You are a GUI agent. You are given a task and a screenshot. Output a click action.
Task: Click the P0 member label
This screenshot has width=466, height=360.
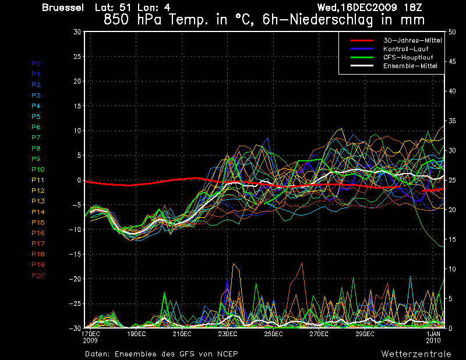point(36,63)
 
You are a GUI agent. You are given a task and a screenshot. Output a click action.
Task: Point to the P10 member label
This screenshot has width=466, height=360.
point(38,170)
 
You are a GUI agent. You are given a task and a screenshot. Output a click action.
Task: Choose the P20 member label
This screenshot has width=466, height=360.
point(38,276)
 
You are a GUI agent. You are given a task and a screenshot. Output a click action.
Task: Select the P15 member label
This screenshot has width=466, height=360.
point(38,223)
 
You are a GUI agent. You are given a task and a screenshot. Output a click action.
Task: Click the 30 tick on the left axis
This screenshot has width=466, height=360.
point(77,32)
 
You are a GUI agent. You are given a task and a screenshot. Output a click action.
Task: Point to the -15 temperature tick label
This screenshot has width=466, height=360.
point(75,254)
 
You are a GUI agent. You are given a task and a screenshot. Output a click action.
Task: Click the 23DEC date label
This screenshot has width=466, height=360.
point(228,334)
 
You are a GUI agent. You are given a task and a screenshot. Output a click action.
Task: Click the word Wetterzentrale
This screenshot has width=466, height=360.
point(416,354)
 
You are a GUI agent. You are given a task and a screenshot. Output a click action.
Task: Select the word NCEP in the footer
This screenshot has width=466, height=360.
point(226,354)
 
